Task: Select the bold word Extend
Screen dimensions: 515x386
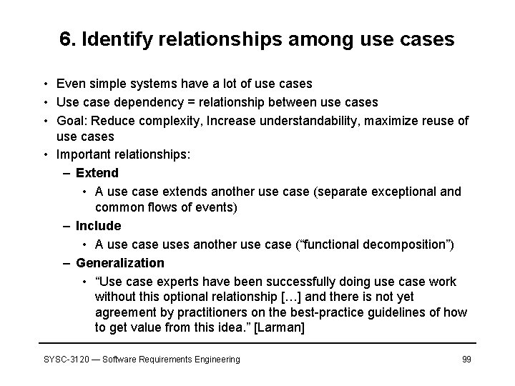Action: coord(97,173)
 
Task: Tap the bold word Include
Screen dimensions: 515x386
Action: coord(98,226)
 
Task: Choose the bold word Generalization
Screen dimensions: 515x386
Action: coord(119,263)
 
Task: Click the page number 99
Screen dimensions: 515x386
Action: coord(466,359)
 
